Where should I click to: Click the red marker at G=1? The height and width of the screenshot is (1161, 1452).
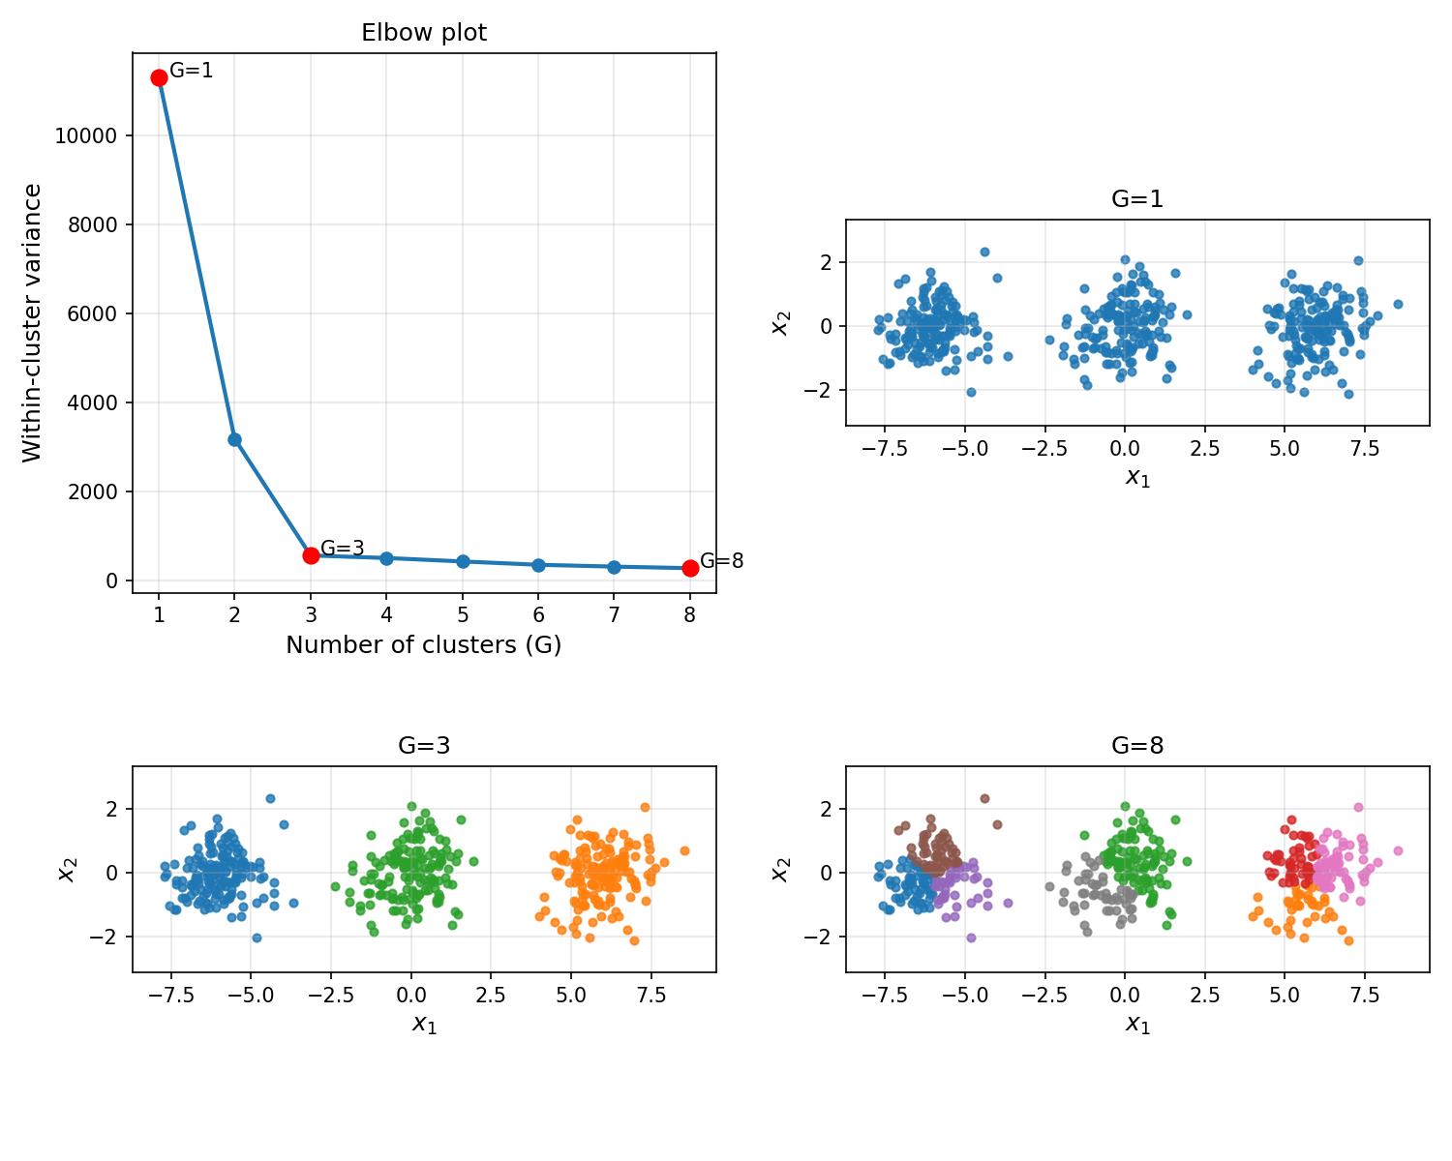click(159, 77)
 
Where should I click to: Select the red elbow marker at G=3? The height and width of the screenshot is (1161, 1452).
click(311, 555)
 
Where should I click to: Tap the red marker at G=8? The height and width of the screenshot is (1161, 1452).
click(690, 568)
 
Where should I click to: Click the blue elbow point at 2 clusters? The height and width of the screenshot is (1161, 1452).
click(234, 439)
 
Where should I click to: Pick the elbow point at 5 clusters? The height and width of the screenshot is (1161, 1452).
click(463, 561)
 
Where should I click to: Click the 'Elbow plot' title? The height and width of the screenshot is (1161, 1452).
click(424, 33)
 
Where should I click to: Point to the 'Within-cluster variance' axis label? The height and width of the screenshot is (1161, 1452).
click(32, 322)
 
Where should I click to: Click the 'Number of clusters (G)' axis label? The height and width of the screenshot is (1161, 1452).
click(424, 645)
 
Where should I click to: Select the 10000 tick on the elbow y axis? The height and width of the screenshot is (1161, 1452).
click(86, 136)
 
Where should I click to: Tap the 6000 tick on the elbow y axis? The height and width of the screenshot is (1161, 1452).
click(91, 314)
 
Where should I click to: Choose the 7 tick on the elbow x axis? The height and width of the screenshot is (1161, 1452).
click(614, 615)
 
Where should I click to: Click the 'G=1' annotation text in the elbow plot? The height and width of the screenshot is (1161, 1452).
click(192, 71)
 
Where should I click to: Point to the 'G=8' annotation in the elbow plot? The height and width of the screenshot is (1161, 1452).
click(722, 561)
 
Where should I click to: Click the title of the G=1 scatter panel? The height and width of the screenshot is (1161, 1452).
click(1137, 199)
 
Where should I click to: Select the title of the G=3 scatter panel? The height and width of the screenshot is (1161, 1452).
click(424, 746)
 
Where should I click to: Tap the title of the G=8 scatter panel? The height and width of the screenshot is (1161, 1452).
click(1137, 746)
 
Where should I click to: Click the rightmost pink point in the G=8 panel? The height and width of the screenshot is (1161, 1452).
click(1398, 851)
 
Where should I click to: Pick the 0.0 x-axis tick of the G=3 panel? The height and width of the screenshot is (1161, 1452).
click(410, 995)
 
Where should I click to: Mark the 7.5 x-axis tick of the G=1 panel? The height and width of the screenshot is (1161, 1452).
click(1365, 449)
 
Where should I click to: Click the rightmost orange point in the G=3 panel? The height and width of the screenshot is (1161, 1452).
click(684, 851)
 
